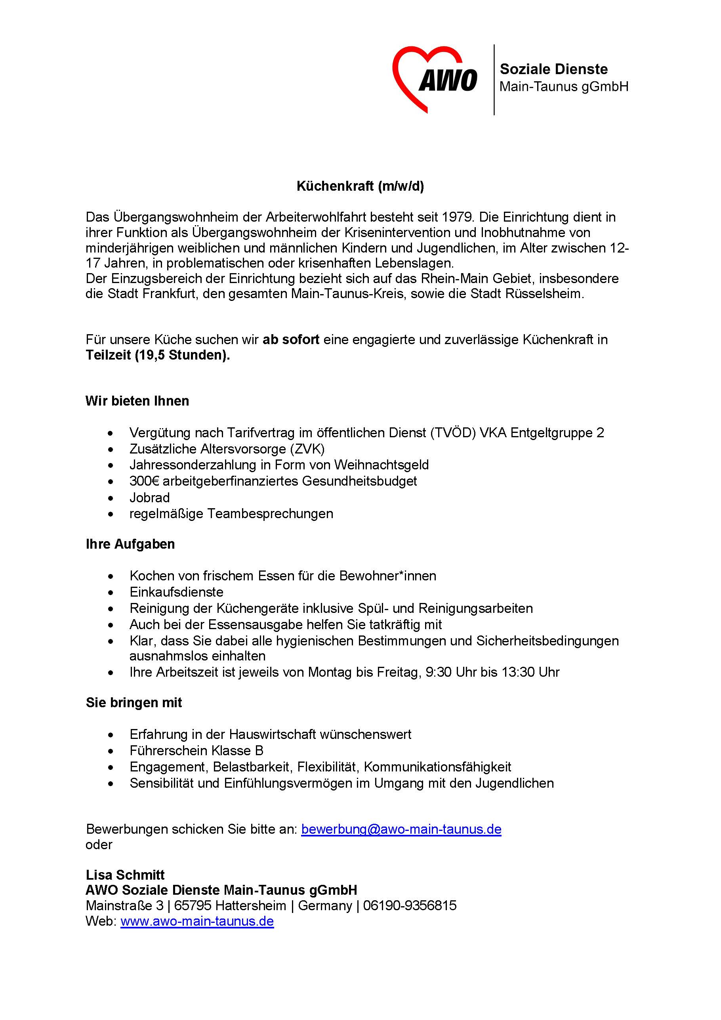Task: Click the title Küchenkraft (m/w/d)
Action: pyautogui.click(x=360, y=186)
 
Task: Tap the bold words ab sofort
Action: pyautogui.click(x=291, y=340)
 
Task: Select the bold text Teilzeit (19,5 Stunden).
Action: pyautogui.click(x=158, y=356)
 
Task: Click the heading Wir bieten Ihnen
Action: pyautogui.click(x=137, y=401)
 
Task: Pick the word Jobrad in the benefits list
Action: pyautogui.click(x=150, y=498)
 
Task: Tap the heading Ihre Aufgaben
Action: pyautogui.click(x=130, y=544)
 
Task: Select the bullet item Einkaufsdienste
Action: pyautogui.click(x=176, y=592)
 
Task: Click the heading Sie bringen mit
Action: pyautogui.click(x=134, y=703)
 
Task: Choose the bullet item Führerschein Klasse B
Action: pyautogui.click(x=196, y=751)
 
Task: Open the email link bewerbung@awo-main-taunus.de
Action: pyautogui.click(x=401, y=829)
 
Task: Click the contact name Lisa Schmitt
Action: pyautogui.click(x=125, y=875)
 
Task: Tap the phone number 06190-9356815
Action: pyautogui.click(x=409, y=906)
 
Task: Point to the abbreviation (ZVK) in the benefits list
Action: pyautogui.click(x=307, y=449)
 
